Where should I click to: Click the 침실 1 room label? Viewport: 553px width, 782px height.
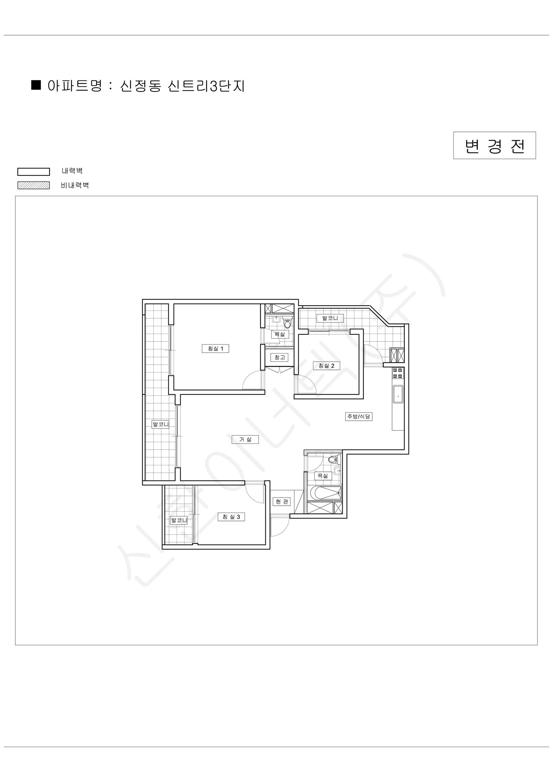pyautogui.click(x=215, y=348)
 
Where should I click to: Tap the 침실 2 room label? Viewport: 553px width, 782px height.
pyautogui.click(x=326, y=366)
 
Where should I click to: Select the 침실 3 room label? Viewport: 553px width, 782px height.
pyautogui.click(x=231, y=517)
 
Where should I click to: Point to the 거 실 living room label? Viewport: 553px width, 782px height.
pyautogui.click(x=245, y=439)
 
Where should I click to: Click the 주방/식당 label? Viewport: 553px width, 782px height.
pyautogui.click(x=359, y=416)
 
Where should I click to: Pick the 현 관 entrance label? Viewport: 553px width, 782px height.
pyautogui.click(x=282, y=501)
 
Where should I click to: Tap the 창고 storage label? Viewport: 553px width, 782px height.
pyautogui.click(x=279, y=357)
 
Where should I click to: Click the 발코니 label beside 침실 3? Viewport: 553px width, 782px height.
pyautogui.click(x=179, y=520)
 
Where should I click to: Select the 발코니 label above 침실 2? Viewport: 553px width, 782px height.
pyautogui.click(x=330, y=318)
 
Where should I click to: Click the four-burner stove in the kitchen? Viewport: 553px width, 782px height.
pyautogui.click(x=398, y=373)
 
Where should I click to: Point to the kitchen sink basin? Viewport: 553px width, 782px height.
pyautogui.click(x=398, y=394)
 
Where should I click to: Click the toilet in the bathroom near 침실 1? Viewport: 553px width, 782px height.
pyautogui.click(x=288, y=323)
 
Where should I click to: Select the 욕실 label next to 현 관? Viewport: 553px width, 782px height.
pyautogui.click(x=322, y=475)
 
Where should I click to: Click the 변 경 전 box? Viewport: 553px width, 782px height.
pyautogui.click(x=494, y=145)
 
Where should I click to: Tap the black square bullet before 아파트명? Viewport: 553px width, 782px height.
pyautogui.click(x=36, y=85)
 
